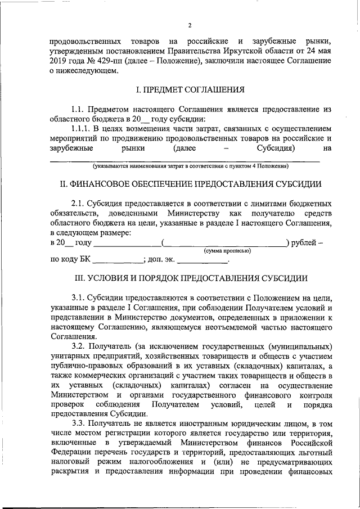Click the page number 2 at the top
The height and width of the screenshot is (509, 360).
click(190, 25)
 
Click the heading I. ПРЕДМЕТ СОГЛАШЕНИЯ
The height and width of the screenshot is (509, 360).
click(191, 89)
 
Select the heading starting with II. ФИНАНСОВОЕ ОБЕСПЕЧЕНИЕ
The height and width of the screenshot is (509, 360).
click(191, 184)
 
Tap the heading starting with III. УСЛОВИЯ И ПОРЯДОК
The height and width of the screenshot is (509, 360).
click(191, 278)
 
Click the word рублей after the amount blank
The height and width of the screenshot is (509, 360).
click(304, 242)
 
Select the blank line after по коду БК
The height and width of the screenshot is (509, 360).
click(118, 260)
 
